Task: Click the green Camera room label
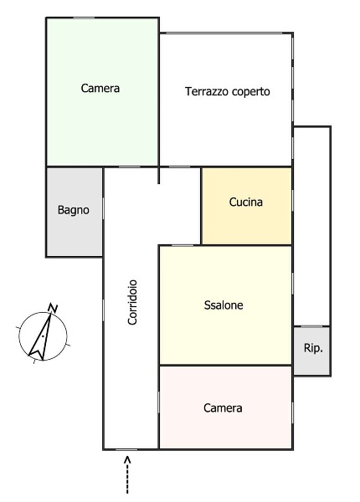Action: coord(100,88)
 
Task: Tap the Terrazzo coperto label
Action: coord(228,92)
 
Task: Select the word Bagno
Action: coord(74,210)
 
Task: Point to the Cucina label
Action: coord(246,202)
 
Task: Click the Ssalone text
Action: coord(224,305)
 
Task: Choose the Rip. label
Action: coord(312,348)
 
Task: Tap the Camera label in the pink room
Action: coord(223,408)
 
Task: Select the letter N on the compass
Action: coord(53,309)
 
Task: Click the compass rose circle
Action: coord(42,336)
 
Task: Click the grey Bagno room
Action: coord(74,230)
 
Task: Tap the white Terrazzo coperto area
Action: coord(226,125)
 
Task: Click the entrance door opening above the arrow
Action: coord(126,448)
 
